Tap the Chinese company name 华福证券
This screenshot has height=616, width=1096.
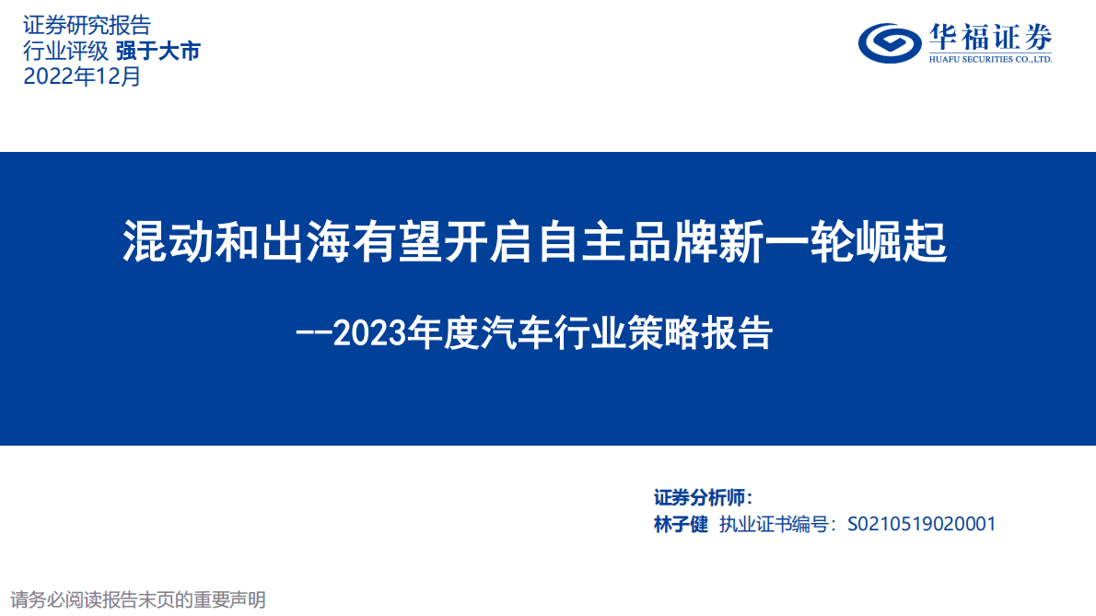(990, 36)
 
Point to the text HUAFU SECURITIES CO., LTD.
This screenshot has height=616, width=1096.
(990, 59)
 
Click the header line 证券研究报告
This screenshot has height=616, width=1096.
(87, 26)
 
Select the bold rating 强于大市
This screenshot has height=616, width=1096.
(157, 52)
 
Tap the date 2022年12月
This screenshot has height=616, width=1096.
(83, 77)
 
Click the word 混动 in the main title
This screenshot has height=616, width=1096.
(157, 243)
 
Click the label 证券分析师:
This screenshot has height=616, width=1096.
(703, 498)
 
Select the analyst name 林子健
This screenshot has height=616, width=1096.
(681, 525)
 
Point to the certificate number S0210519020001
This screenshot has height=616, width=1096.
(921, 525)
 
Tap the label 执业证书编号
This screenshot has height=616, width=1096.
(775, 525)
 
